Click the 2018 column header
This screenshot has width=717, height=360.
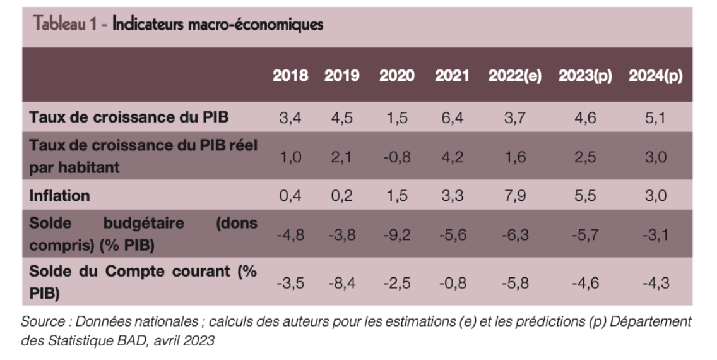pyautogui.click(x=290, y=76)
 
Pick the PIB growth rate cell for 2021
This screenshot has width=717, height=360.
pyautogui.click(x=452, y=117)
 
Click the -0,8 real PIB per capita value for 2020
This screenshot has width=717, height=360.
pyautogui.click(x=396, y=157)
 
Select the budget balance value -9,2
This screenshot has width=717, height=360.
pyautogui.click(x=396, y=235)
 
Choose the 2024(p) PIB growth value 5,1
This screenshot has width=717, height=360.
pyautogui.click(x=655, y=117)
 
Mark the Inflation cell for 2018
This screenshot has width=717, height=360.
pyautogui.click(x=290, y=196)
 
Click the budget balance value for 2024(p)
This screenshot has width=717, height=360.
pyautogui.click(x=655, y=235)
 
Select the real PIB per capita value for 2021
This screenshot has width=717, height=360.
pyautogui.click(x=452, y=157)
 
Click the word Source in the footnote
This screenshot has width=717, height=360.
pyautogui.click(x=40, y=321)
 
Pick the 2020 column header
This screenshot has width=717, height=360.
pyautogui.click(x=396, y=76)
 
